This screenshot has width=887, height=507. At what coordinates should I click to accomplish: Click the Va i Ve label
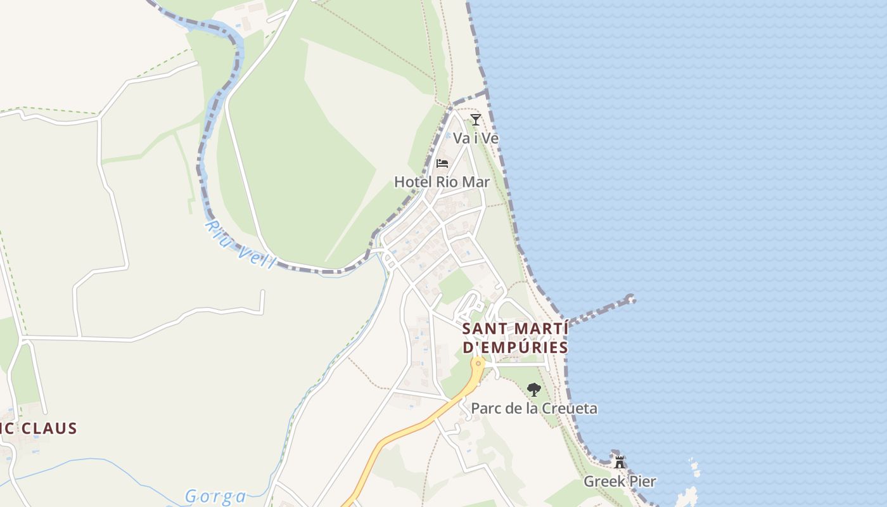[475, 138]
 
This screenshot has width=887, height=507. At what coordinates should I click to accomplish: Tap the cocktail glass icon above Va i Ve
[476, 119]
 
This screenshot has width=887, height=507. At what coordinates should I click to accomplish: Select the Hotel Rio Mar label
[442, 182]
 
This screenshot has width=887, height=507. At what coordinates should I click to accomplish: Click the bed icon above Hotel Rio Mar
[442, 164]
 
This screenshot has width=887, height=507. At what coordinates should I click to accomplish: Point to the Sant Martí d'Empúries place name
[515, 338]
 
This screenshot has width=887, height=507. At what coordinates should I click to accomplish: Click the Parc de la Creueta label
[533, 408]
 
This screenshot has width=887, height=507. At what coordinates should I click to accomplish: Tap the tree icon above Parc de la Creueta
[533, 389]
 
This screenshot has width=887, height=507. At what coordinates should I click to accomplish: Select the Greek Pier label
[619, 481]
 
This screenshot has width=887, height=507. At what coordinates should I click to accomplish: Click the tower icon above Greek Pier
[620, 462]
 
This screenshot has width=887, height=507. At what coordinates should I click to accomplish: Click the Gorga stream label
[215, 496]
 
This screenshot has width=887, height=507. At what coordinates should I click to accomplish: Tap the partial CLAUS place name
[39, 428]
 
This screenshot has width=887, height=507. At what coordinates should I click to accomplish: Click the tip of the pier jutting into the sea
[630, 298]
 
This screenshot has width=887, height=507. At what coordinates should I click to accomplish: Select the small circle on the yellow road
[478, 363]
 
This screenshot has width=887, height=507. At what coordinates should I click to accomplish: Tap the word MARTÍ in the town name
[538, 329]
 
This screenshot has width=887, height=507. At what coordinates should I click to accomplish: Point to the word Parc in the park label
[485, 408]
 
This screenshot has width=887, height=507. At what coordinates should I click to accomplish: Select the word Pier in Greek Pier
[641, 481]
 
